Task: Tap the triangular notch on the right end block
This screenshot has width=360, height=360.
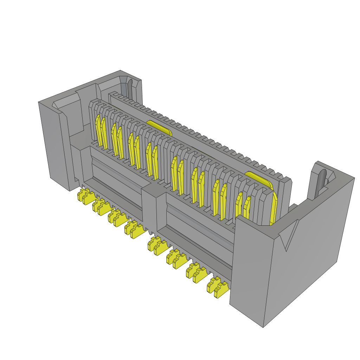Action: (x=290, y=236)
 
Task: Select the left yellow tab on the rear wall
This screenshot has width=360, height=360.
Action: (x=159, y=127)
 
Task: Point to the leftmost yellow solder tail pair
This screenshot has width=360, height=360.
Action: (x=85, y=196)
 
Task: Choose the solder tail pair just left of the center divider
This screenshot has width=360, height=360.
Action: (x=134, y=229)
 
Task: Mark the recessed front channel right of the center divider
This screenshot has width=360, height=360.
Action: (x=197, y=229)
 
